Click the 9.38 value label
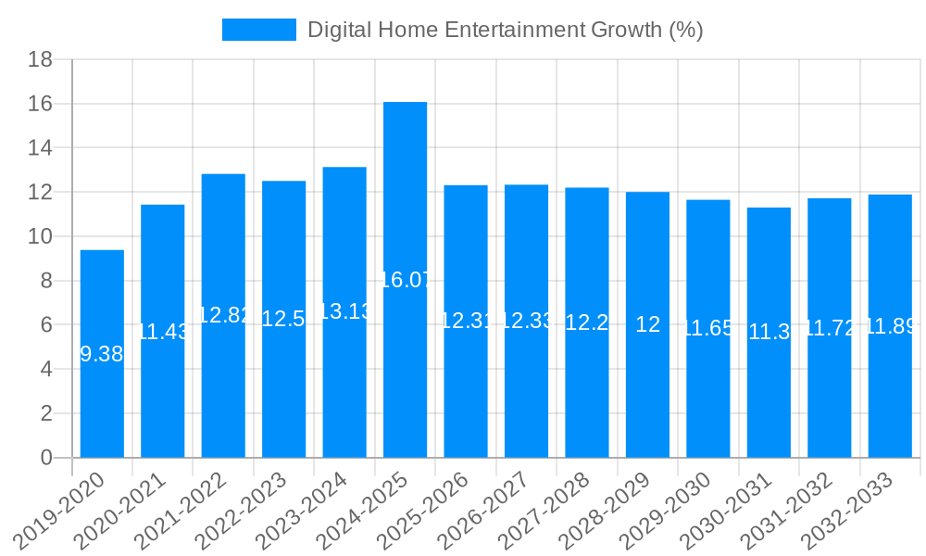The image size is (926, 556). [102, 354]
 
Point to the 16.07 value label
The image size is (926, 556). [406, 280]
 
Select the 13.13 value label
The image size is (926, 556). [344, 311]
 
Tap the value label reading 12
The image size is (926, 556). [648, 324]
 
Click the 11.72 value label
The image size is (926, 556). [830, 328]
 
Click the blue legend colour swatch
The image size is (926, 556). [258, 30]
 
